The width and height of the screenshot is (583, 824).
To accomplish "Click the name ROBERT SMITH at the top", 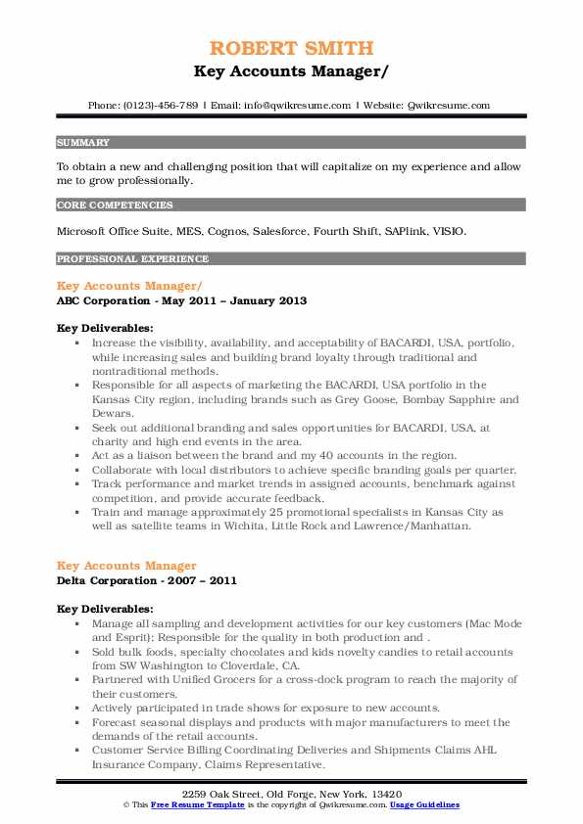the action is click(x=291, y=47).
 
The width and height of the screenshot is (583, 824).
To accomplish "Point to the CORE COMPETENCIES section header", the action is click(x=115, y=206).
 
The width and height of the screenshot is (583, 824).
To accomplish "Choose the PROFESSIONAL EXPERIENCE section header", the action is click(x=132, y=259).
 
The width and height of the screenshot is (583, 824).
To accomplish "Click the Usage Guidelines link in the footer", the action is click(x=424, y=803).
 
